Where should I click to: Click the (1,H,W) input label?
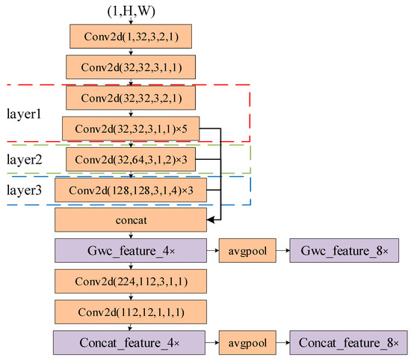[131, 10]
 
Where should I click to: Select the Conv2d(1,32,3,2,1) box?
[132, 36]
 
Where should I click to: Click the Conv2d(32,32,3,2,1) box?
[132, 97]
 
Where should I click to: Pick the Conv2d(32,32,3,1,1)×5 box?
[131, 128]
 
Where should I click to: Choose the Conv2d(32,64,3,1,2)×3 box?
[132, 159]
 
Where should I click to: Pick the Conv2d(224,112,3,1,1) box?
[130, 282]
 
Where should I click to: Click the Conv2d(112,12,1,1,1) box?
[130, 312]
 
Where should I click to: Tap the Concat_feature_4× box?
[129, 343]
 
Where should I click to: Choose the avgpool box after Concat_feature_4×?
[244, 343]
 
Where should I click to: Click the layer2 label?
[25, 160]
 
